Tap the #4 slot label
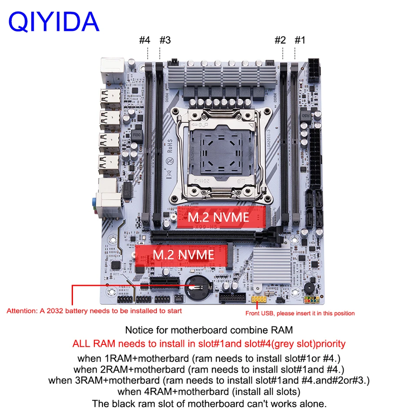tap(145, 40)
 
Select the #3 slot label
tap(165, 40)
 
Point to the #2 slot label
tap(280, 40)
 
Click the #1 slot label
tap(300, 40)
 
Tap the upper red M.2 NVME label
tap(218, 217)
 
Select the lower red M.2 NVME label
tap(183, 254)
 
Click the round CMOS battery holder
tap(198, 288)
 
